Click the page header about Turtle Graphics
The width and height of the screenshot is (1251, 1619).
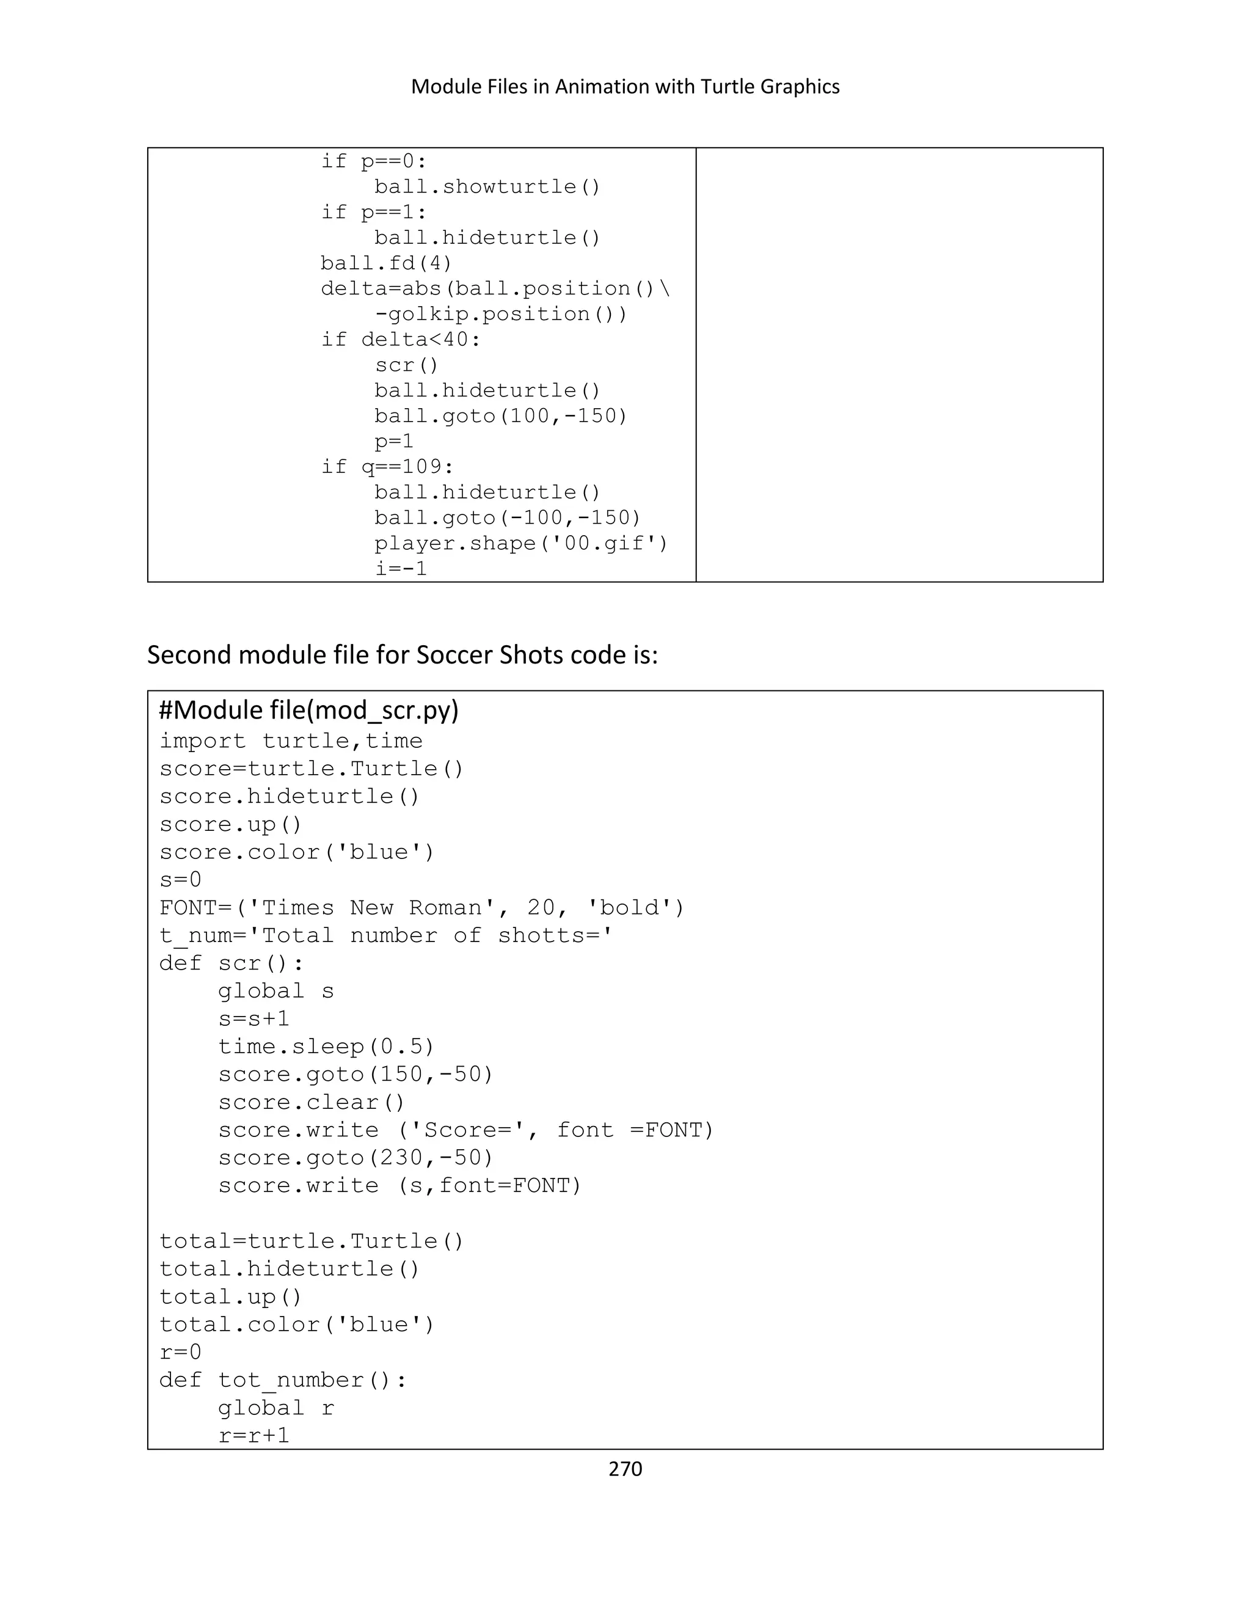pyautogui.click(x=625, y=87)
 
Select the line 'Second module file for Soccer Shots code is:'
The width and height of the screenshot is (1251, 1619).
pyautogui.click(x=403, y=656)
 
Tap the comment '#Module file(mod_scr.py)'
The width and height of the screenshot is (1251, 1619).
pyautogui.click(x=309, y=710)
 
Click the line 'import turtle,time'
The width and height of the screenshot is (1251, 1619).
pyautogui.click(x=291, y=740)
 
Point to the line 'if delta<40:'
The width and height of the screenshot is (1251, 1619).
pyautogui.click(x=400, y=340)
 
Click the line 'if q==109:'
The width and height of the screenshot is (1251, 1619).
pyautogui.click(x=387, y=466)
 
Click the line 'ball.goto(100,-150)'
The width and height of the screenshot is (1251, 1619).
pyautogui.click(x=500, y=416)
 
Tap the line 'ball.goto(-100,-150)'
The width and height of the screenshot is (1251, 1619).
pyautogui.click(x=507, y=517)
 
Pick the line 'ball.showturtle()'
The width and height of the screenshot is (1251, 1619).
pyautogui.click(x=487, y=187)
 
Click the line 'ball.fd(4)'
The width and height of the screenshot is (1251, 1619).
pyautogui.click(x=386, y=263)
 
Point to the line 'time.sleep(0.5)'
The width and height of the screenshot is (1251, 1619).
pyautogui.click(x=326, y=1046)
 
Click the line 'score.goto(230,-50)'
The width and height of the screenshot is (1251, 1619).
pyautogui.click(x=356, y=1157)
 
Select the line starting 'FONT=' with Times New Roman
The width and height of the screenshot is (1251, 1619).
pyautogui.click(x=421, y=907)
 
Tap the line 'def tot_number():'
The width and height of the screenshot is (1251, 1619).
pyautogui.click(x=283, y=1380)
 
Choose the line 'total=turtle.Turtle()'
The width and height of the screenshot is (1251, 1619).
pyautogui.click(x=312, y=1241)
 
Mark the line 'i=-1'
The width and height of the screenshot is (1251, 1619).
pyautogui.click(x=401, y=569)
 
